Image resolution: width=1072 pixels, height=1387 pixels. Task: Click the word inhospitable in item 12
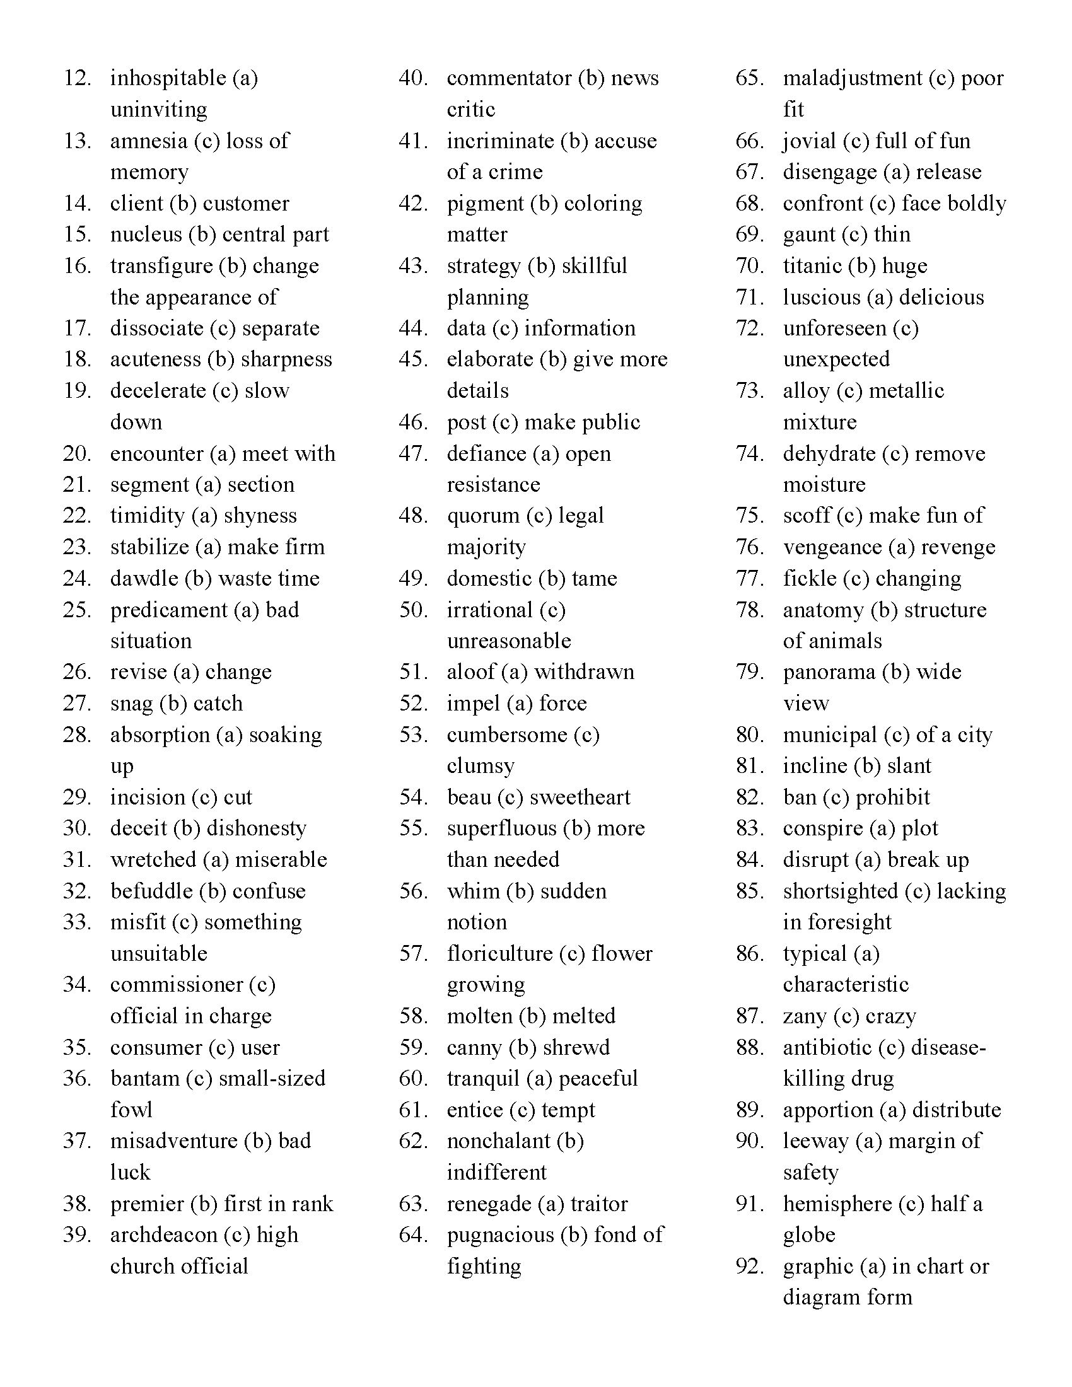click(168, 79)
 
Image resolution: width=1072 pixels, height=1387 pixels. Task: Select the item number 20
click(77, 453)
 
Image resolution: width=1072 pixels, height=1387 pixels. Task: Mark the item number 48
click(414, 516)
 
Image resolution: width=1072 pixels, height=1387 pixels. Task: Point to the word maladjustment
click(852, 78)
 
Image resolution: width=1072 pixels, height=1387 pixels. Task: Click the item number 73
click(749, 391)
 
